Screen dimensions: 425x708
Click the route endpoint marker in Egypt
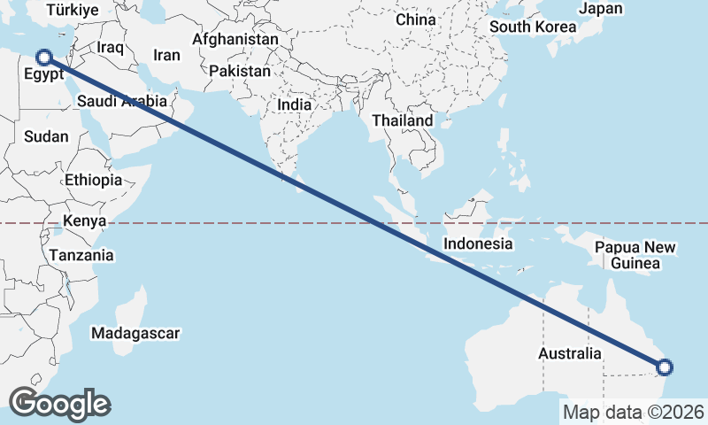point(43,58)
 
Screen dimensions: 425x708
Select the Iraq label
point(111,46)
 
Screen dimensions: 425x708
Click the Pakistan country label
point(241,70)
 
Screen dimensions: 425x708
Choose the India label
point(295,104)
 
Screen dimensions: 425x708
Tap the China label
point(415,19)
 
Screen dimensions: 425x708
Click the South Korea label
point(533,27)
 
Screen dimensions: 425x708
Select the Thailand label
point(403,120)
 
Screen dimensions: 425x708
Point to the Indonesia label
point(478,243)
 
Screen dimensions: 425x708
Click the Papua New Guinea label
point(635,255)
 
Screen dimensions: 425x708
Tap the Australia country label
point(570,354)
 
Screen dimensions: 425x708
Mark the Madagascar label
point(135,334)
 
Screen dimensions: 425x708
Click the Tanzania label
point(81,255)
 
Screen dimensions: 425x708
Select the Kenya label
point(85,221)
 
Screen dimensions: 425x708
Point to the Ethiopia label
point(93,180)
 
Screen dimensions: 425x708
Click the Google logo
point(59,404)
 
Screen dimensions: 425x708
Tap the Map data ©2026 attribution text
point(634,412)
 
